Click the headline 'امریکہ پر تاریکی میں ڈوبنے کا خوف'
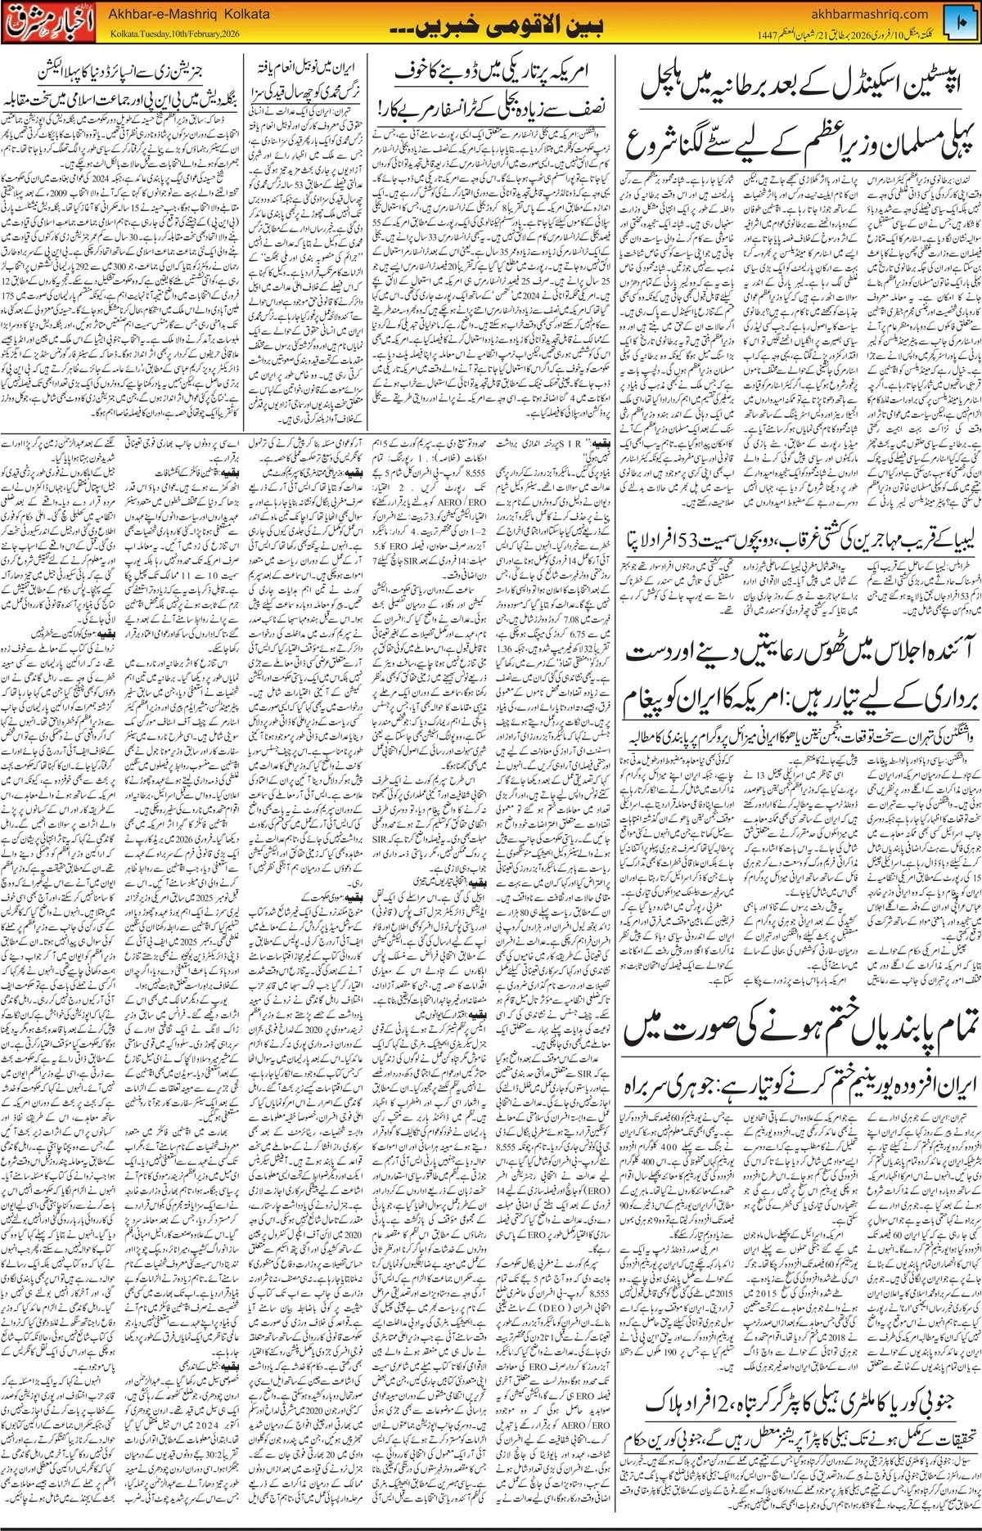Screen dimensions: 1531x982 pyautogui.click(x=491, y=73)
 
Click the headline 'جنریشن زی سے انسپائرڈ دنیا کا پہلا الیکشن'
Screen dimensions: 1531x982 pyautogui.click(x=123, y=70)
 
